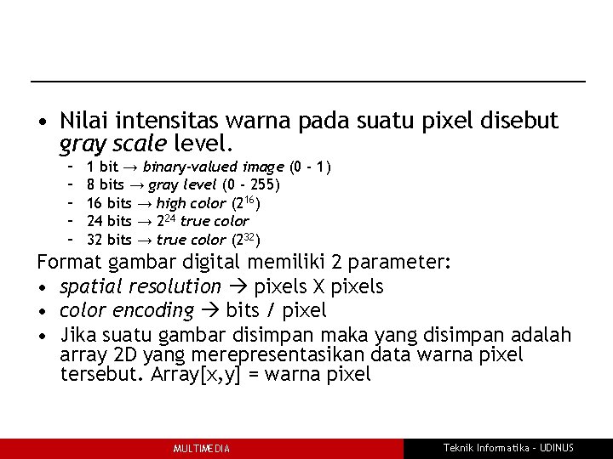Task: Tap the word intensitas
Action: tap(156, 122)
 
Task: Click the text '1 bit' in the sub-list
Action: tap(102, 166)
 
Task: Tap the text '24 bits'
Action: tap(109, 221)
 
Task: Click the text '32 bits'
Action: tap(109, 240)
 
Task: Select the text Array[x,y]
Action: tap(198, 375)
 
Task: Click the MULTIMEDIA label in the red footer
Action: tap(201, 449)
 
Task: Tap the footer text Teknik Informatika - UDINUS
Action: tap(508, 448)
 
